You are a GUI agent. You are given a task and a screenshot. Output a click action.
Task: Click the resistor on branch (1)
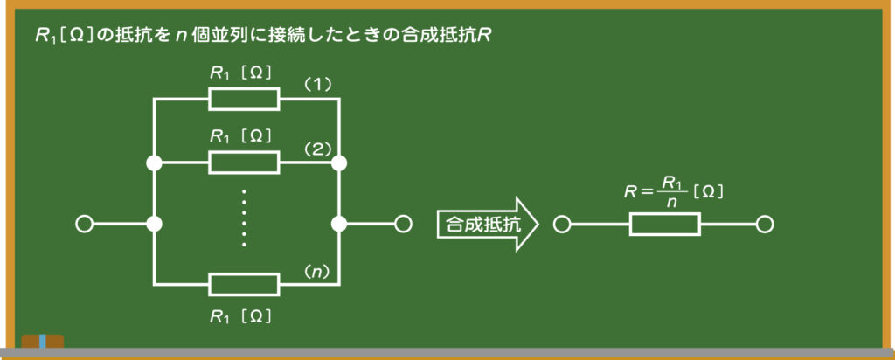(244, 99)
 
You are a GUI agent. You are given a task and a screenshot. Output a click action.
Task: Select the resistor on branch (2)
(244, 163)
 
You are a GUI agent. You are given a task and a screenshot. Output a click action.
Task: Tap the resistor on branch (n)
(244, 284)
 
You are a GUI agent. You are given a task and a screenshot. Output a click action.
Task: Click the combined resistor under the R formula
(665, 225)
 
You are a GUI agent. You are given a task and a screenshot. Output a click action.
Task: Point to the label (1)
(317, 85)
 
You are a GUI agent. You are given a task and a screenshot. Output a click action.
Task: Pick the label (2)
(317, 149)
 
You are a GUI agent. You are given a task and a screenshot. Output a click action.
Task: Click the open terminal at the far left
(84, 225)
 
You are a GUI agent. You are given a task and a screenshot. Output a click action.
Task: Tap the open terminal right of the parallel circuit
(403, 225)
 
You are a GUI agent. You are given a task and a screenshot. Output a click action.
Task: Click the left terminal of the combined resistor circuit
(562, 225)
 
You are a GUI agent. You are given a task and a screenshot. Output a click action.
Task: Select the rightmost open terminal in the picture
(764, 225)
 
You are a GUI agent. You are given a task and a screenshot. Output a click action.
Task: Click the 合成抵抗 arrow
(488, 225)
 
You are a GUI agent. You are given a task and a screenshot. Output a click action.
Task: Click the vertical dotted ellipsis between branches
(244, 218)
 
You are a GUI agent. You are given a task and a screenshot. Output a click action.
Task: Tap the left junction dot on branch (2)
(154, 163)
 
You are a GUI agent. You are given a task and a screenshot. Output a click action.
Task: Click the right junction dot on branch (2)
(339, 163)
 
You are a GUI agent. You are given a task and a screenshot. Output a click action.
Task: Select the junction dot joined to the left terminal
(154, 225)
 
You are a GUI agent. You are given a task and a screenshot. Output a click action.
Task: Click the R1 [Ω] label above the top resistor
(240, 73)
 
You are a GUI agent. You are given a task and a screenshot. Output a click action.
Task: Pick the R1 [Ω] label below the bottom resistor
(240, 316)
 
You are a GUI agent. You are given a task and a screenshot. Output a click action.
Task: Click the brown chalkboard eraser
(43, 341)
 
